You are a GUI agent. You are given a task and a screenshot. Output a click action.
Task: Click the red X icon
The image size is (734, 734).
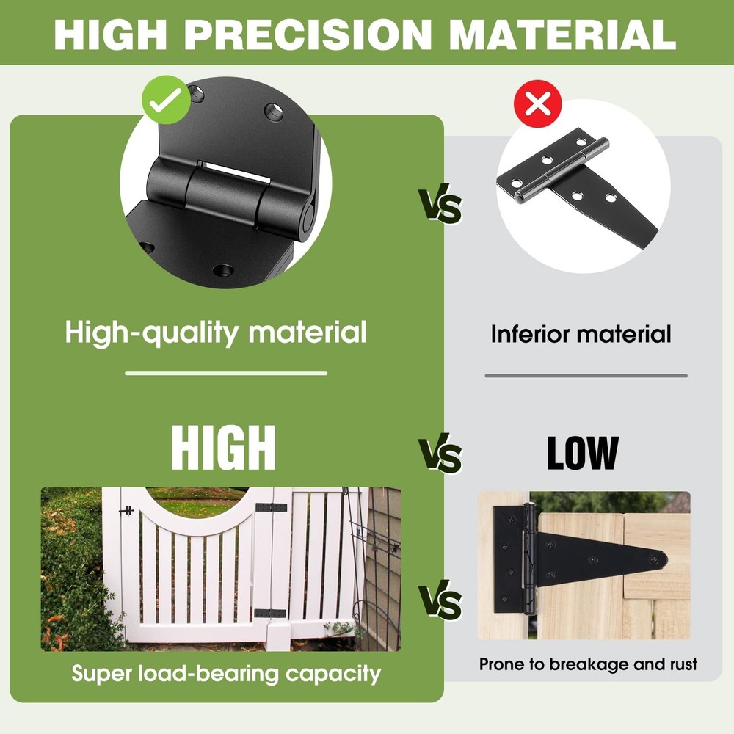(539, 105)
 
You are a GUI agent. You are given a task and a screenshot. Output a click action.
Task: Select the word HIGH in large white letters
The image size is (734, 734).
(223, 447)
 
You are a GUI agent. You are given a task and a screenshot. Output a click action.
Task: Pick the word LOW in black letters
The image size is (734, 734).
(582, 453)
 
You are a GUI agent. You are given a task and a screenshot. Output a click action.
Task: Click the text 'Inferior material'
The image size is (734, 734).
(581, 335)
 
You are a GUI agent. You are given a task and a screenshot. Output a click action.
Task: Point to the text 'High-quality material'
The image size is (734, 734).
(216, 333)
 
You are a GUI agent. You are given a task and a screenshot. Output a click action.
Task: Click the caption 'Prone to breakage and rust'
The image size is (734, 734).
(588, 665)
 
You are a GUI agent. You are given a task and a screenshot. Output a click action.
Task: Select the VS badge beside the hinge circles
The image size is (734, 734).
(440, 206)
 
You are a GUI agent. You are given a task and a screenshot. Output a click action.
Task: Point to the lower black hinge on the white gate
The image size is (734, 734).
(269, 613)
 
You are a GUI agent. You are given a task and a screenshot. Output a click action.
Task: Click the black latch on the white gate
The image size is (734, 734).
(127, 510)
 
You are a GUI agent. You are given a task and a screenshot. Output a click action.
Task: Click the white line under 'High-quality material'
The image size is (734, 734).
(226, 374)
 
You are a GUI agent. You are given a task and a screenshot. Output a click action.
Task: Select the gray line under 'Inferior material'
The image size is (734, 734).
(586, 376)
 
